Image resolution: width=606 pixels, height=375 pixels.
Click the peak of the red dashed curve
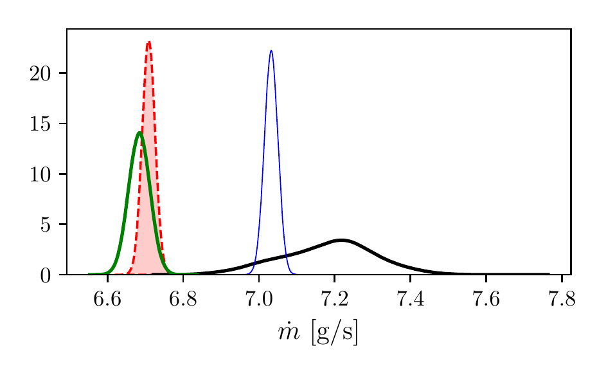[x=149, y=42]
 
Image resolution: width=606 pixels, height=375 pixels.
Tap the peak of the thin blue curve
[x=271, y=51]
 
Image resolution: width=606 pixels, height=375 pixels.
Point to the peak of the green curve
[x=139, y=133]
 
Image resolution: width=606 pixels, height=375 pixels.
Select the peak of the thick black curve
[x=342, y=241]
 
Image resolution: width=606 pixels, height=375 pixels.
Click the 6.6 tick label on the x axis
[x=107, y=299]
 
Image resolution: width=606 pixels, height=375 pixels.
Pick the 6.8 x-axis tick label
[x=183, y=299]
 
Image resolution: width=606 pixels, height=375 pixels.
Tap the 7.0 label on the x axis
[x=259, y=299]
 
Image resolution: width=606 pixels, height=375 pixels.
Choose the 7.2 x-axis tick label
[x=335, y=299]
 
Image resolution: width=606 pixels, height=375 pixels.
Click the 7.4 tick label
[x=411, y=299]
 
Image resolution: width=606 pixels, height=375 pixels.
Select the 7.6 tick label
[x=486, y=299]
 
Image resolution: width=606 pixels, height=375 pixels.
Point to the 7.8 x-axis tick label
[x=562, y=299]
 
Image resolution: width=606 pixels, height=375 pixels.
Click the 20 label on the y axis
[x=40, y=73]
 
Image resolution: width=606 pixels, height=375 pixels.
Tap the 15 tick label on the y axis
[x=40, y=124]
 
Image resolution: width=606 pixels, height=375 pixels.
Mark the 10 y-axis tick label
[x=40, y=174]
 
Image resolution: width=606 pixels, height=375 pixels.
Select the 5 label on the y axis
[x=46, y=224]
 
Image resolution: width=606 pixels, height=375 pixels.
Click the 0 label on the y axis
[x=46, y=275]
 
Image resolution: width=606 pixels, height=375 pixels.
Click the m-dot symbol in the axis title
[x=289, y=332]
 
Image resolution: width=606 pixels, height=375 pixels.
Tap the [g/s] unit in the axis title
[x=335, y=333]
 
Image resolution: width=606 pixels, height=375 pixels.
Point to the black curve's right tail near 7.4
[x=411, y=268]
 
